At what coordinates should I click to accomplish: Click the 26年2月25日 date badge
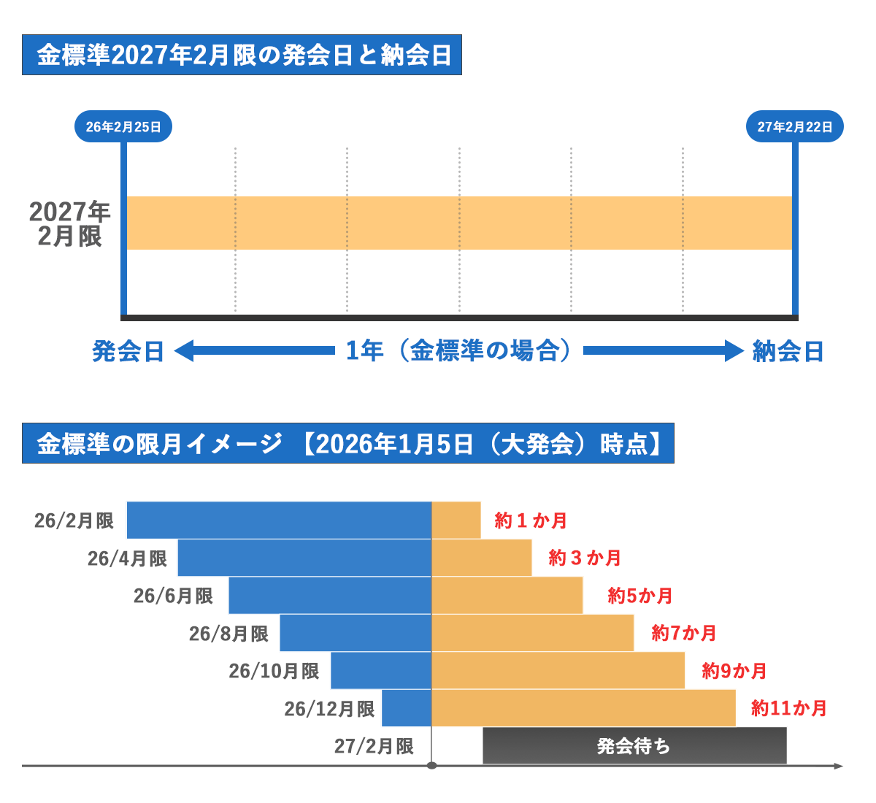[x=123, y=127]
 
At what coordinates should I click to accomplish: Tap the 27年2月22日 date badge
[x=794, y=127]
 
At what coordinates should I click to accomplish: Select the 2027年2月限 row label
[x=69, y=224]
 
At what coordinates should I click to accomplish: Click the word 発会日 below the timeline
[x=128, y=352]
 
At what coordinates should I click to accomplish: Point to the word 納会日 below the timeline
[x=788, y=352]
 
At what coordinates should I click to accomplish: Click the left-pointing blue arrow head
[x=183, y=351]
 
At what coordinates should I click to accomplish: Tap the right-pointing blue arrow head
[x=734, y=351]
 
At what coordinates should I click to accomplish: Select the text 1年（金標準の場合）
[x=458, y=351]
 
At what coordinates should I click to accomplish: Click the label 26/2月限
[x=74, y=520]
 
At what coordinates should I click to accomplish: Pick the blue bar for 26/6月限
[x=330, y=596]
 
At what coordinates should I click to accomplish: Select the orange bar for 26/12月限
[x=584, y=708]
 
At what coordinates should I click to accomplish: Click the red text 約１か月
[x=531, y=520]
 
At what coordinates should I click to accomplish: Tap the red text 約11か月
[x=789, y=708]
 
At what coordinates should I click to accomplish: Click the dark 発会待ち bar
[x=634, y=746]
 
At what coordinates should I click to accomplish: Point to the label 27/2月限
[x=374, y=746]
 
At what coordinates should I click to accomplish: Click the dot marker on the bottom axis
[x=431, y=766]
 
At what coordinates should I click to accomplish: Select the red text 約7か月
[x=684, y=633]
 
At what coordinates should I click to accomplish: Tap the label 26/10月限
[x=274, y=671]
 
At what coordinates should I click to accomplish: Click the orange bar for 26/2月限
[x=456, y=520]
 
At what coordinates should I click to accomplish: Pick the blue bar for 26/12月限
[x=407, y=708]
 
